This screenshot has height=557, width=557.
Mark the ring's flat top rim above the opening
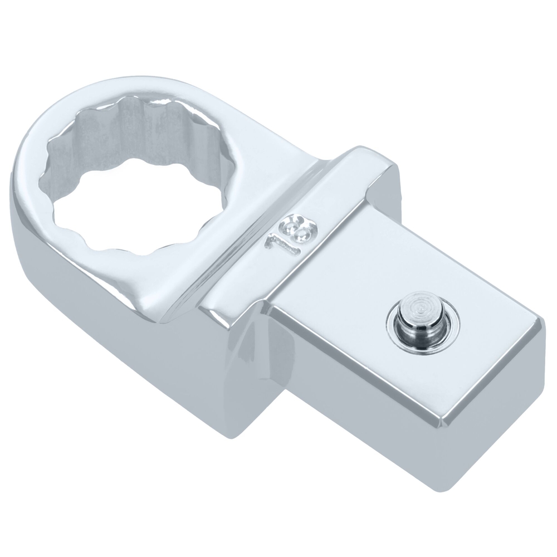[x=139, y=92]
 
